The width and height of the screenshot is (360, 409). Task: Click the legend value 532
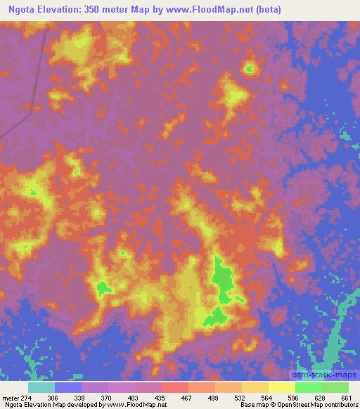240,397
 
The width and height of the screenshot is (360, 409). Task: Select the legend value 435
161,397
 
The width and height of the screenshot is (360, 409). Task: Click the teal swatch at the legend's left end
41,387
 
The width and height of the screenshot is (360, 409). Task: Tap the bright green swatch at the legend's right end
335,387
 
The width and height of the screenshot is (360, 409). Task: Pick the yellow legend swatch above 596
281,387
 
